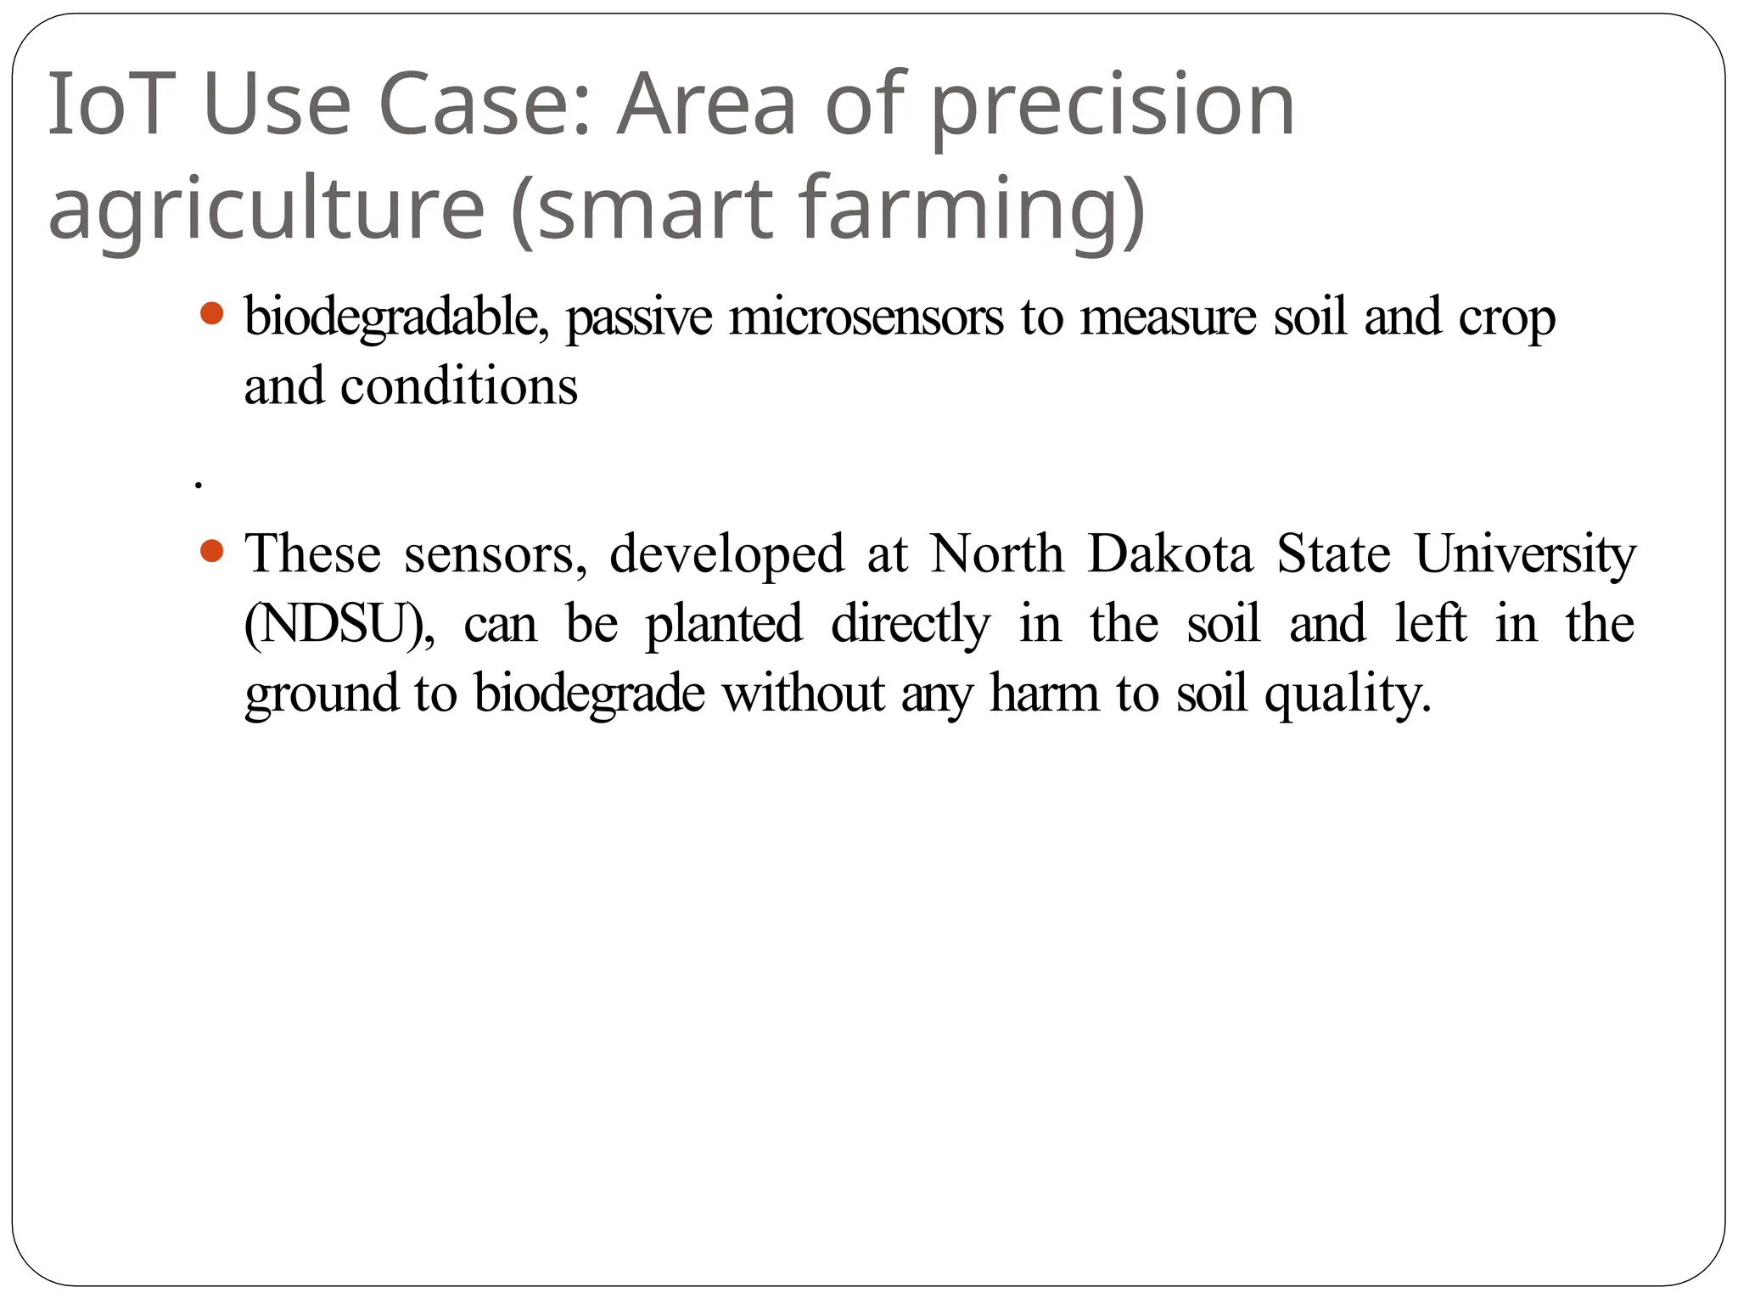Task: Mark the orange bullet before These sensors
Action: click(211, 553)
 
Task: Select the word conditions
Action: click(459, 386)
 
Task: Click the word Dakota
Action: click(1170, 554)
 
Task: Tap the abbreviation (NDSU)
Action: click(339, 624)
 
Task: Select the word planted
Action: click(723, 625)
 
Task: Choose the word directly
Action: click(910, 625)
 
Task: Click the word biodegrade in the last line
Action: click(589, 694)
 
